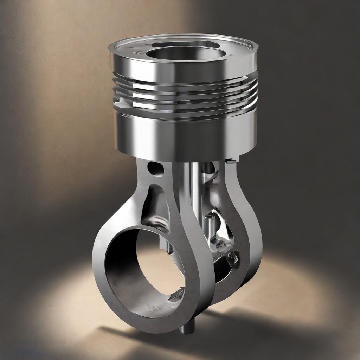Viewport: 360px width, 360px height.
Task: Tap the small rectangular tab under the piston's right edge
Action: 231,161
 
